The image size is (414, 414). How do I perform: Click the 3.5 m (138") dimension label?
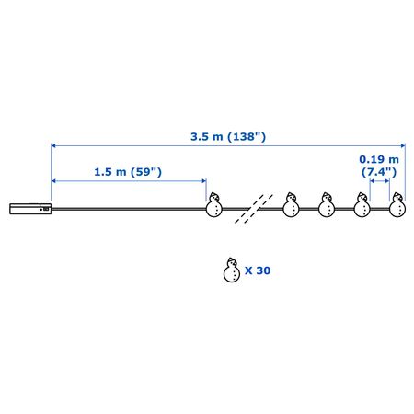pos(228,136)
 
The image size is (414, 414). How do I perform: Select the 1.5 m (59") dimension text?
pos(128,172)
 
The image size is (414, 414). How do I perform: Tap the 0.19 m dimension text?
pos(379,159)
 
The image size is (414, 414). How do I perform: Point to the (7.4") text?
pos(379,172)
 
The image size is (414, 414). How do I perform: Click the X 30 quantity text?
pos(258,270)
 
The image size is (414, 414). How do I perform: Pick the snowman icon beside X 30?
pos(232,270)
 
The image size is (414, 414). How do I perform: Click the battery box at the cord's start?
pos(30,209)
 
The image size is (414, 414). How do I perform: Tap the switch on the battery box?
pos(46,209)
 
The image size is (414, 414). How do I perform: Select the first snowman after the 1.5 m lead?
pos(213,204)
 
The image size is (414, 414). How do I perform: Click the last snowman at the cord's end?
pos(397,204)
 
